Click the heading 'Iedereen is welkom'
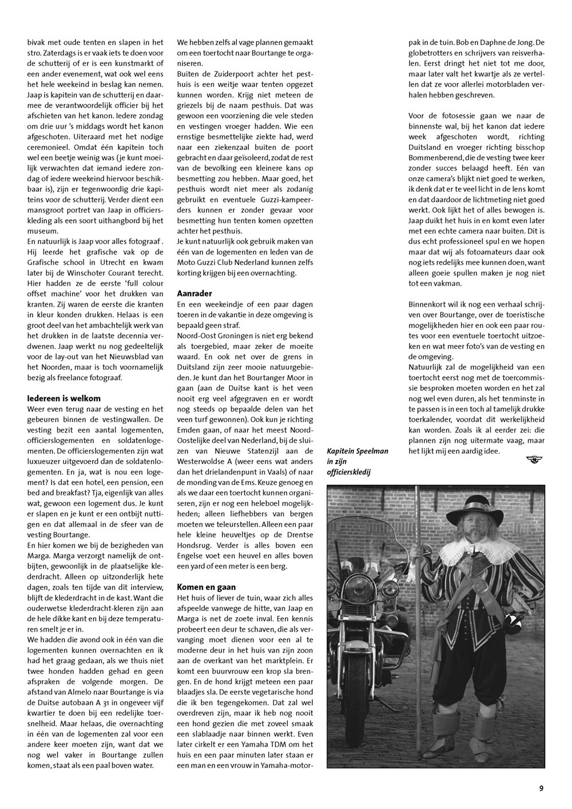pos(64,398)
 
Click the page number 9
pos(541,788)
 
